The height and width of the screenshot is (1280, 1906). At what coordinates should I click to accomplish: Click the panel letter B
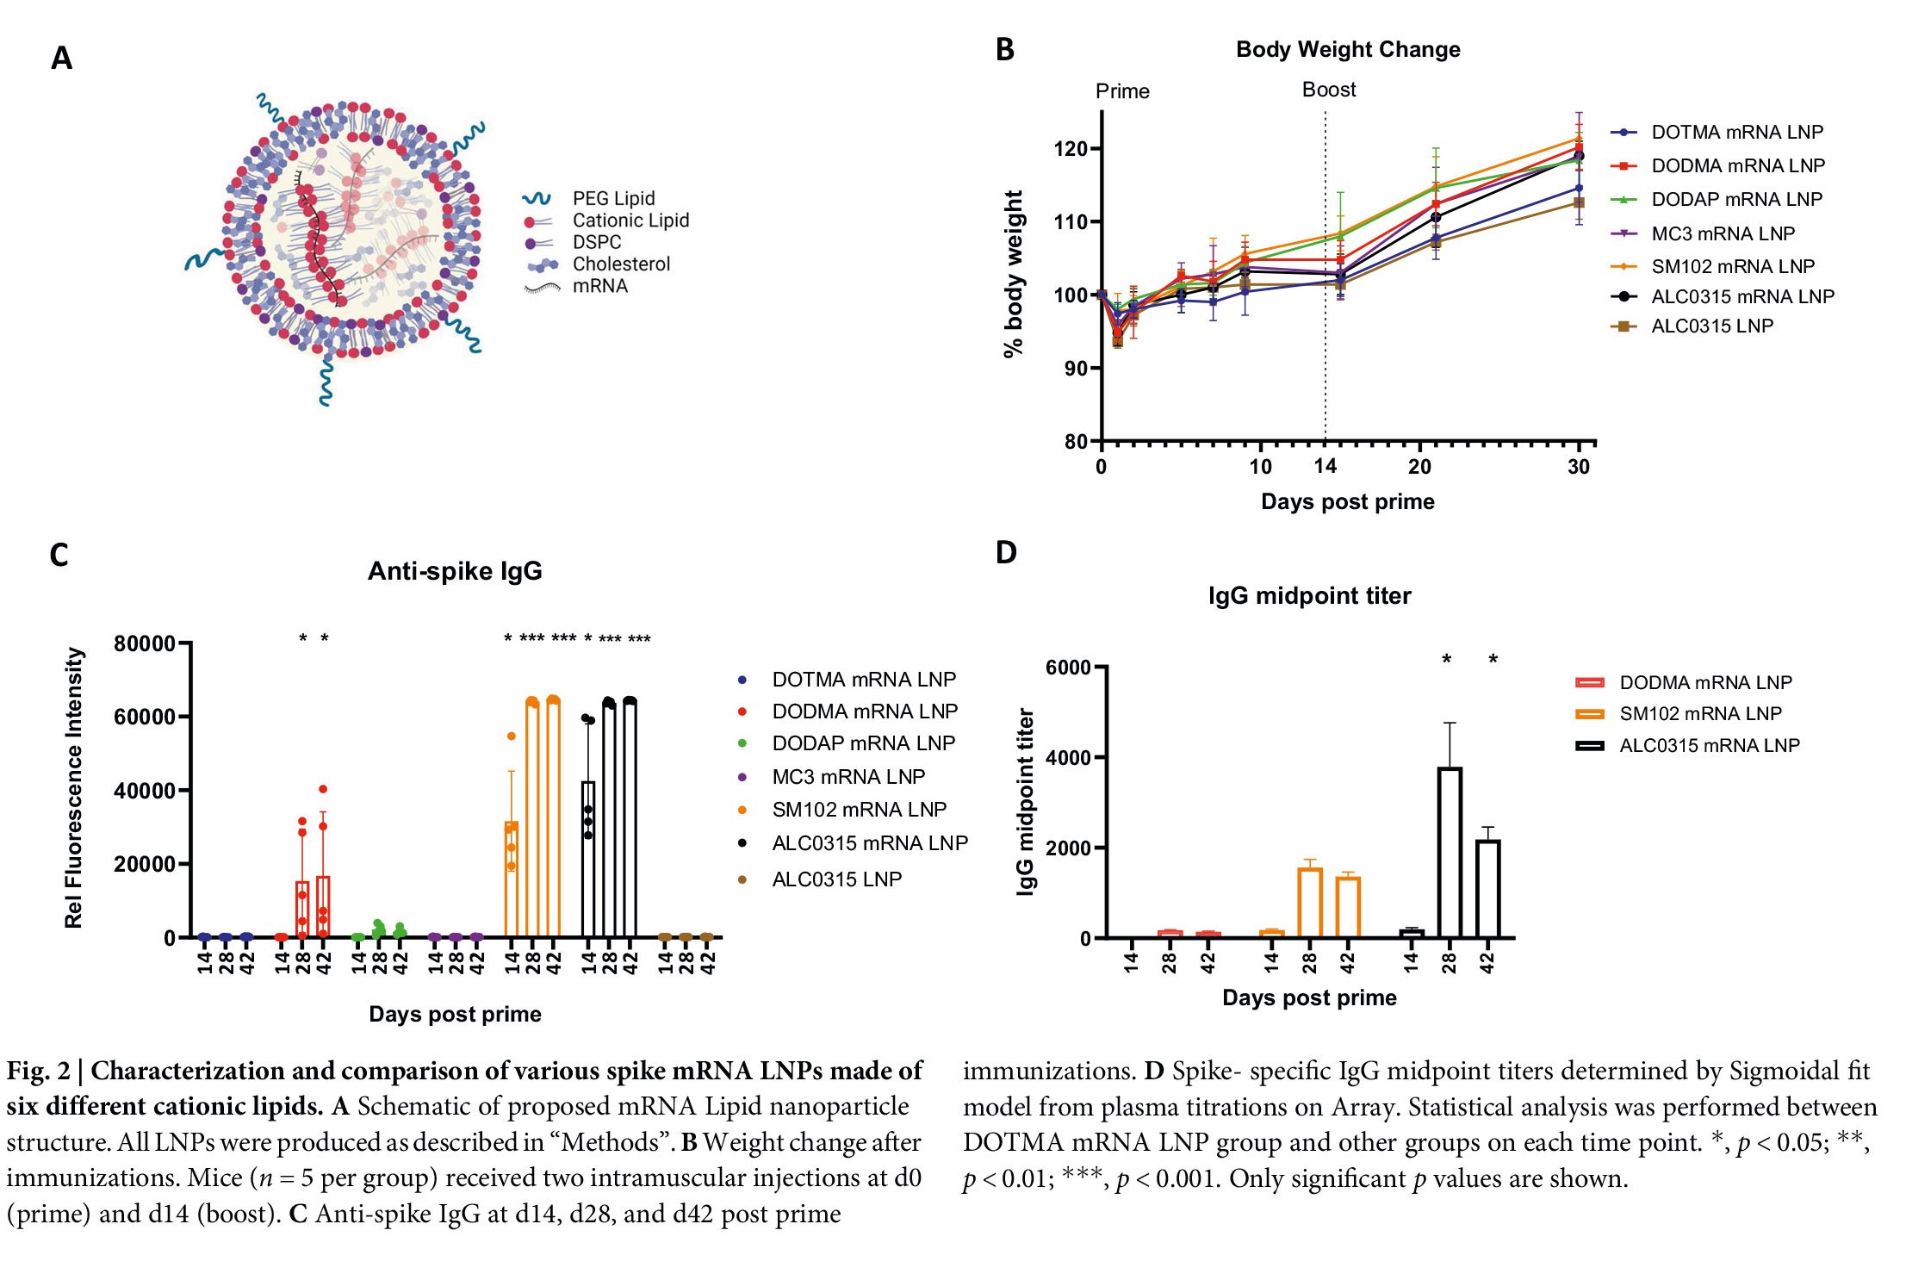click(x=1004, y=50)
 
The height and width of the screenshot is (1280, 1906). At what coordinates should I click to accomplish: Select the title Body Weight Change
click(x=1348, y=50)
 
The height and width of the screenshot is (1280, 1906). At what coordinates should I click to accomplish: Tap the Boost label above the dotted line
click(x=1329, y=90)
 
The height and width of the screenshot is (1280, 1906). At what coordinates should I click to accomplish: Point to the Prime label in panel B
click(x=1122, y=91)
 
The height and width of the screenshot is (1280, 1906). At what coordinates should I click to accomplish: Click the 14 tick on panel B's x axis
click(x=1325, y=467)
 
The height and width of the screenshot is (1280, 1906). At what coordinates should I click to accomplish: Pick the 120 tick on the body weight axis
click(x=1071, y=149)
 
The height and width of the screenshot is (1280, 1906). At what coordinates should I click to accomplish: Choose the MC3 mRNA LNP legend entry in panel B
click(x=1723, y=233)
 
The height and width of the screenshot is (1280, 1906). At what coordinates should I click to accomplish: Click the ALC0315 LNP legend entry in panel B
click(x=1711, y=326)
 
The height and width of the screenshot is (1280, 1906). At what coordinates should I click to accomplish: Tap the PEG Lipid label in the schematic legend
click(x=613, y=199)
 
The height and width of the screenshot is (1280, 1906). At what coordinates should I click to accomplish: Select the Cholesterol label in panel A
click(x=621, y=264)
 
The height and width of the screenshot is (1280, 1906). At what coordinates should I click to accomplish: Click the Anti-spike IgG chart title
click(x=455, y=571)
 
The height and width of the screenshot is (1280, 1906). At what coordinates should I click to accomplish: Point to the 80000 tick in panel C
click(x=145, y=643)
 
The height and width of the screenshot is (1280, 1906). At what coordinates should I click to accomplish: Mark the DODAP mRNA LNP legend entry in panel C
click(x=863, y=743)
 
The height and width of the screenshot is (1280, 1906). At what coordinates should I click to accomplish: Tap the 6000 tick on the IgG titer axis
click(x=1068, y=668)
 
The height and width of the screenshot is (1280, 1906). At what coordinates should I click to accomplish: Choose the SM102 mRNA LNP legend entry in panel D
click(x=1700, y=714)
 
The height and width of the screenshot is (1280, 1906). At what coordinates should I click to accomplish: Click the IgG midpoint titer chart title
click(x=1309, y=596)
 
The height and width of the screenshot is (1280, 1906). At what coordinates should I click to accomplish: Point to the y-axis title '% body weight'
click(x=1014, y=273)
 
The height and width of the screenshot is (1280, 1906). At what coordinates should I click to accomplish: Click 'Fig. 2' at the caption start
click(x=39, y=1071)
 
